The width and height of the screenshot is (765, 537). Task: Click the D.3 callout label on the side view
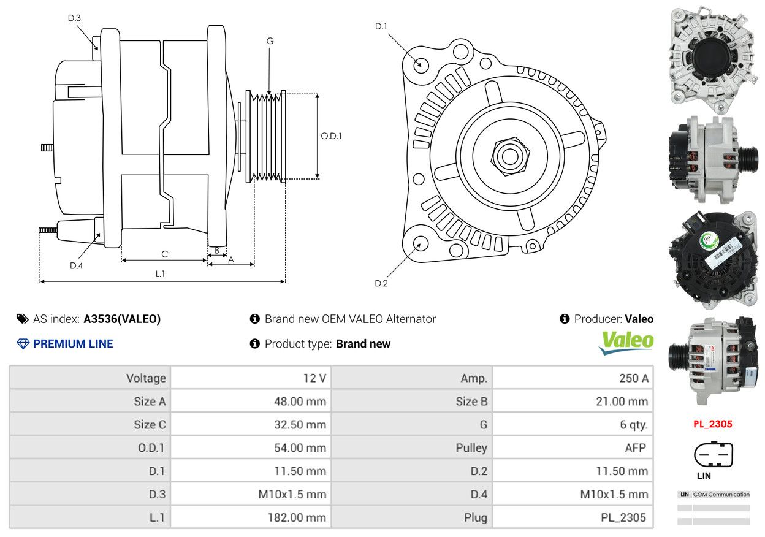coord(74,18)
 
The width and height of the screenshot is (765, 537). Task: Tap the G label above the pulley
coord(270,41)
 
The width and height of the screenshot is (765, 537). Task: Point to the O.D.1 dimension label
coord(331,136)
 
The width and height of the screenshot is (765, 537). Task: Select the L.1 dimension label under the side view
coord(160,273)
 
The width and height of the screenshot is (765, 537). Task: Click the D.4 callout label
coord(76,265)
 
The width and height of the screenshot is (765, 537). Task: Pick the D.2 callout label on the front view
coord(381,283)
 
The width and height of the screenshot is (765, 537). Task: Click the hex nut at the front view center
coord(510,156)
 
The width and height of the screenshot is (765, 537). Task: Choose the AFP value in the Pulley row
coord(635,448)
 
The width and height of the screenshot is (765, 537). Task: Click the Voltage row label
coord(146,378)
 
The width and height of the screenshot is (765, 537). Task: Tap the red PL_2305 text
coord(713,424)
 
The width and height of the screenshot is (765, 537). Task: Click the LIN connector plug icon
coord(714,455)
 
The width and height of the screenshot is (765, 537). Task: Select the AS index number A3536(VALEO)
coord(122,319)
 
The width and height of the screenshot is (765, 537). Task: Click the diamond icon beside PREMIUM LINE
coord(23,344)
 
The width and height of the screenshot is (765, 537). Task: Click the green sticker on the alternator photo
coord(709,240)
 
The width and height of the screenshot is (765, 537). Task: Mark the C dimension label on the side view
coord(165,254)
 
